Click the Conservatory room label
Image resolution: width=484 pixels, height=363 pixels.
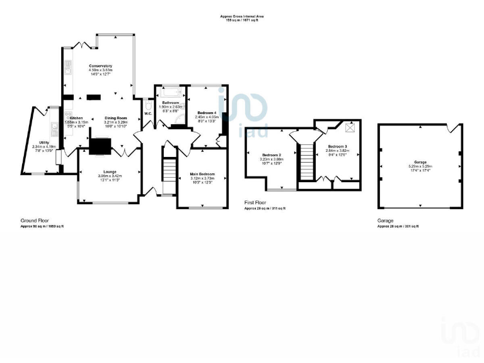click(x=100, y=66)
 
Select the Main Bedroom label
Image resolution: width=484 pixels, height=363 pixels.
click(x=203, y=173)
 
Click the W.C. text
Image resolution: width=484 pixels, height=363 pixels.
click(x=147, y=113)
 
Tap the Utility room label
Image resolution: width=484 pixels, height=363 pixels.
click(x=44, y=142)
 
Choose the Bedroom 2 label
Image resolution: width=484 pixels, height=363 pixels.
click(x=272, y=154)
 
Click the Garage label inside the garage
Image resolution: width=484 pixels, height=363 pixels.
click(x=420, y=161)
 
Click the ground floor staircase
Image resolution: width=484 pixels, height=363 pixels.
click(x=168, y=170)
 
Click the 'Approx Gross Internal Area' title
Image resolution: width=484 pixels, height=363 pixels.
click(x=242, y=16)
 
